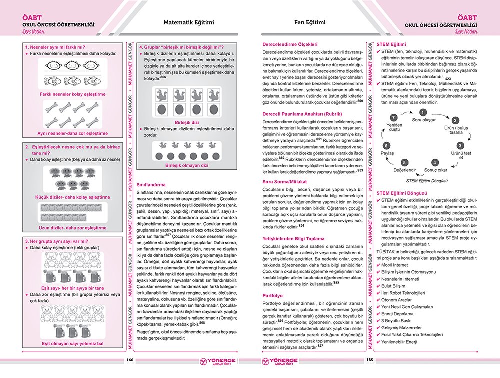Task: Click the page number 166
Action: click(130, 360)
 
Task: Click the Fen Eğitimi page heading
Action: click(310, 22)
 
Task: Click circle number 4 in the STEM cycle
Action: click(435, 163)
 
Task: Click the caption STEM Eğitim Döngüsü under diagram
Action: click(426, 181)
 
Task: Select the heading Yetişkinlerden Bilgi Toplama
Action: click(294, 239)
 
